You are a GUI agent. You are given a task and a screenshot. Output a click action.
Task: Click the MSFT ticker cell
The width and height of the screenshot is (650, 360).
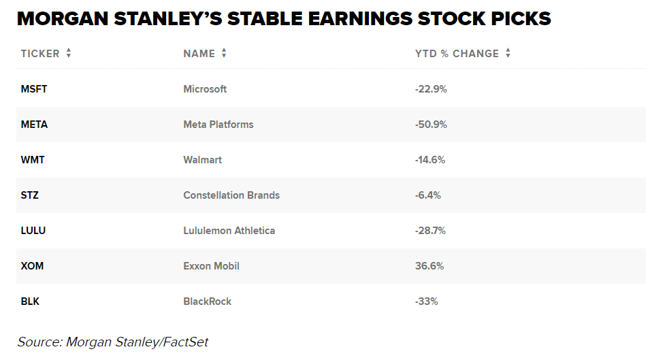(x=34, y=89)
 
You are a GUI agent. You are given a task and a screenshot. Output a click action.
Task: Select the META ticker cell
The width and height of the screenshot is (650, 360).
(x=34, y=125)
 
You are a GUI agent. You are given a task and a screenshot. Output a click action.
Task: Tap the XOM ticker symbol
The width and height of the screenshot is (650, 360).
(x=32, y=266)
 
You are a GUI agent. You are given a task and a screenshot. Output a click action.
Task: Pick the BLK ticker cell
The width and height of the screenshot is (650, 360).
(x=30, y=301)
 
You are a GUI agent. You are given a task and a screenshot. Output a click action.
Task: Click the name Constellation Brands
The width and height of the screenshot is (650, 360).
(x=231, y=195)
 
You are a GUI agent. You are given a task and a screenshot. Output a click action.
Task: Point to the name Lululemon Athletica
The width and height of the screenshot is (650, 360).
(x=229, y=231)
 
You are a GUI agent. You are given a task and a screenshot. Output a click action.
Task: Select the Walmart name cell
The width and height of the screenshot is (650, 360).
(x=202, y=160)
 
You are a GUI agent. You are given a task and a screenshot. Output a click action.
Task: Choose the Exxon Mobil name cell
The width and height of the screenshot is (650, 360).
(x=211, y=266)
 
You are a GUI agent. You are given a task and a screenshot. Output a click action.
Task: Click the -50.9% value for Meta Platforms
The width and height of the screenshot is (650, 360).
(x=431, y=125)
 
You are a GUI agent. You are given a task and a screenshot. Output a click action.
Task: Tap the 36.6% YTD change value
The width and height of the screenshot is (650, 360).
(x=429, y=266)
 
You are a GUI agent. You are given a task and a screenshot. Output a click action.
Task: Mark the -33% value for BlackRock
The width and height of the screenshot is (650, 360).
(x=426, y=301)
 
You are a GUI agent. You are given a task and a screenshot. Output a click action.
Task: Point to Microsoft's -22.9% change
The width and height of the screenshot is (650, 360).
(x=431, y=89)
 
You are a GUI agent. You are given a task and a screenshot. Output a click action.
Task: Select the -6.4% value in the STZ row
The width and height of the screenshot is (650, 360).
(x=428, y=195)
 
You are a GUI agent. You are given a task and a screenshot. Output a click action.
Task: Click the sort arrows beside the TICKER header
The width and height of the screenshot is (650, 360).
(x=69, y=53)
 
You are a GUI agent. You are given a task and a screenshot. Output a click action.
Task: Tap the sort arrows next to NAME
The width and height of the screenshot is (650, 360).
(x=224, y=53)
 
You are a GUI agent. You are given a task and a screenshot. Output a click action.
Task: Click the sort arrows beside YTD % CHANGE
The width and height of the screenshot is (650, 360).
(x=508, y=53)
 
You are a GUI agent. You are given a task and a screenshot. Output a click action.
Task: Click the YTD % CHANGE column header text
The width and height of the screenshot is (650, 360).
(x=457, y=54)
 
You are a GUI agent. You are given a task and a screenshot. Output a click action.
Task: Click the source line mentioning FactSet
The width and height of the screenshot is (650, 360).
(x=112, y=342)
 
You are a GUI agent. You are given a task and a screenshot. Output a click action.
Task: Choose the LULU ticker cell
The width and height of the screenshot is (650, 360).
(x=33, y=231)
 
